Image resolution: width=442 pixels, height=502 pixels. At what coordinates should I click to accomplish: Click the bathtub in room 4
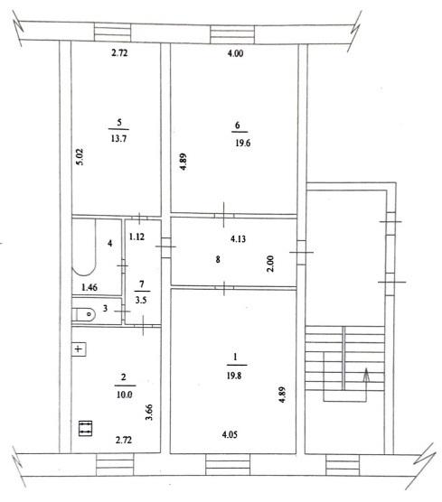84,246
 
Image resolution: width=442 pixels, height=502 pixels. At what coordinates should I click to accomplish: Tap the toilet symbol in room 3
84,315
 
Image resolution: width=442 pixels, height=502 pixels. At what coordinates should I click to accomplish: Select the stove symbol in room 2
85,428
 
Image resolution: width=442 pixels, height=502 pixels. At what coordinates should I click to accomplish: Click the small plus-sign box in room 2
79,349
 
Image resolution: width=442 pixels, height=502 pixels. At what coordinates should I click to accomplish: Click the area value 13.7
118,139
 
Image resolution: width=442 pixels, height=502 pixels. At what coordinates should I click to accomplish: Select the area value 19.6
242,143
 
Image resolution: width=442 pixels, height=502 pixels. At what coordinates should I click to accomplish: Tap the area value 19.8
234,376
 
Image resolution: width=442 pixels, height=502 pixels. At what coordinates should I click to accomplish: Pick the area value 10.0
125,395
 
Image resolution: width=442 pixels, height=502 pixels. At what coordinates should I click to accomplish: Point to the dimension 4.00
235,53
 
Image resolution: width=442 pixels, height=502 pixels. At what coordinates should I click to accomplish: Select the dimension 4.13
238,239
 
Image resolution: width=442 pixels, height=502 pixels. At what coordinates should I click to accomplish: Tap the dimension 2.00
270,263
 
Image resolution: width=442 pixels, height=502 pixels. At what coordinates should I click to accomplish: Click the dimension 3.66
149,413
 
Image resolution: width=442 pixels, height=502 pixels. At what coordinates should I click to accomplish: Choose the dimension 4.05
230,435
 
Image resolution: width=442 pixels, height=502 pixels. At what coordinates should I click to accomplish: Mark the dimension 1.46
89,287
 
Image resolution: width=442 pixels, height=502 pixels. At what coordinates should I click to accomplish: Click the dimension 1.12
136,237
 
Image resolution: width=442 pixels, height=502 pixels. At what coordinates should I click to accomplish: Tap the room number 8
218,259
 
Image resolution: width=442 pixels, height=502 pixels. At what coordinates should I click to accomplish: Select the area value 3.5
141,301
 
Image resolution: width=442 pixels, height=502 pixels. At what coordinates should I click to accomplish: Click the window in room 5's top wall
112,33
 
